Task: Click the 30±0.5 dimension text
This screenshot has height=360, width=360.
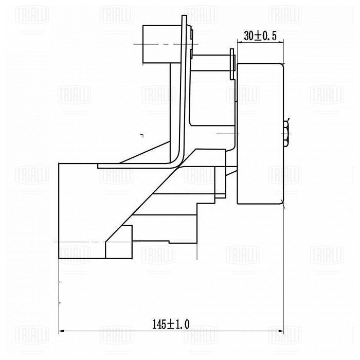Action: pos(260,36)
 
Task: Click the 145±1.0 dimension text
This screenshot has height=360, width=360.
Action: pos(171,324)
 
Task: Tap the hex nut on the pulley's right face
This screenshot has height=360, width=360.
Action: pos(286,133)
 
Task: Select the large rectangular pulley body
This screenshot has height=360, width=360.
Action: pos(260,134)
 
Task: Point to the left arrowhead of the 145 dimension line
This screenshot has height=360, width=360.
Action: pos(61,331)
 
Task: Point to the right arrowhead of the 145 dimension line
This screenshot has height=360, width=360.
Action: pos(281,331)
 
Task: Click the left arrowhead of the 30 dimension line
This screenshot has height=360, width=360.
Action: pos(240,42)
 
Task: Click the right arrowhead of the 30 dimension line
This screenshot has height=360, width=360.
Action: pos(281,42)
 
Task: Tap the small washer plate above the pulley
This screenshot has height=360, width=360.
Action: pos(232,64)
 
